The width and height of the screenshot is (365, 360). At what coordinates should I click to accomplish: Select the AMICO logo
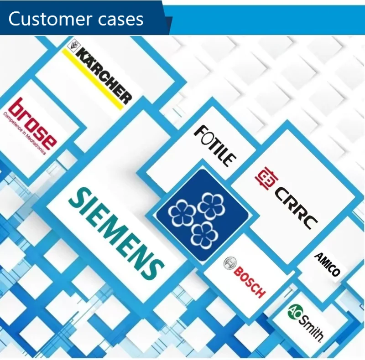point(327,264)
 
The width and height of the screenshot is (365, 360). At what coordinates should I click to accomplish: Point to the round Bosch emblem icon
point(229,263)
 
